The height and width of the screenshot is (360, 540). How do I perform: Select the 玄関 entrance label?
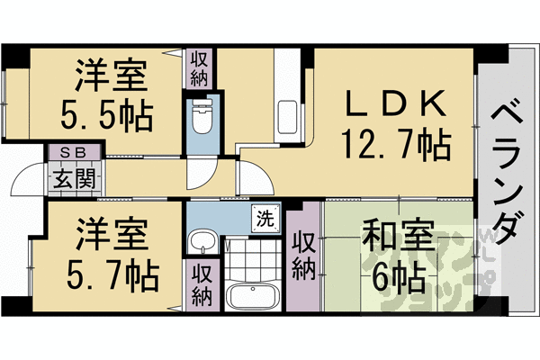click(x=73, y=177)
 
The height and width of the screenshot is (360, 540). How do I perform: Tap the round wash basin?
click(x=203, y=240)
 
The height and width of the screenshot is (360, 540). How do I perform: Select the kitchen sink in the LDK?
click(x=289, y=116)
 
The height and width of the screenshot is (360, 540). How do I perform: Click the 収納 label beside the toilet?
click(x=199, y=68)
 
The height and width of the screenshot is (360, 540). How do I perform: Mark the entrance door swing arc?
click(x=27, y=184)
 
